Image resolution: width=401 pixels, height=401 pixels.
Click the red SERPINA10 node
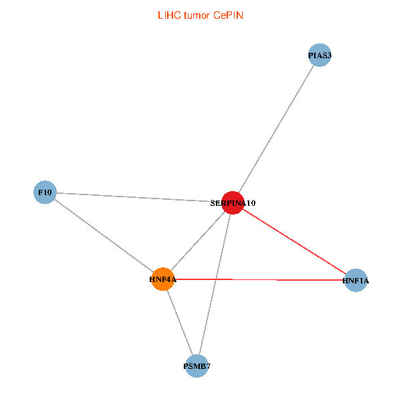(233, 203)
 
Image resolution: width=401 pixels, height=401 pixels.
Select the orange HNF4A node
(163, 279)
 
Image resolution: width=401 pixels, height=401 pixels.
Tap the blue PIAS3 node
(319, 55)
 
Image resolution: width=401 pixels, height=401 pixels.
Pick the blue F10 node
(45, 192)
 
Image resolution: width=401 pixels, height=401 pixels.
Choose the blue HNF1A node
(356, 280)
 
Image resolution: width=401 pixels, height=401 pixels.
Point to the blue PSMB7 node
(196, 366)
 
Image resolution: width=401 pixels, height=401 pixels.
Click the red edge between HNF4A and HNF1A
(259, 280)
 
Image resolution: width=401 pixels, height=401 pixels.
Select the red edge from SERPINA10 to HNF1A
(294, 241)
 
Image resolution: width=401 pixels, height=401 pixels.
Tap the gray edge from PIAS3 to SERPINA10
(276, 129)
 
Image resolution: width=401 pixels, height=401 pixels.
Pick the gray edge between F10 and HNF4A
(104, 236)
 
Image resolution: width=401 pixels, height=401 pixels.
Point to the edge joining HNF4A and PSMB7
(180, 323)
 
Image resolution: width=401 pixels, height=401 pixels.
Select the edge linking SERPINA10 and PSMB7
(215, 285)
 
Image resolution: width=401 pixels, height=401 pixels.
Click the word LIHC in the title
(169, 15)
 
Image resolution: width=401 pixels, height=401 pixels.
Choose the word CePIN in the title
(228, 15)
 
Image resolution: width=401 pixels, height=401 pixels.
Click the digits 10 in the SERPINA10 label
(251, 203)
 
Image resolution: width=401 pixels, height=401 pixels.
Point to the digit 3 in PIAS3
(329, 55)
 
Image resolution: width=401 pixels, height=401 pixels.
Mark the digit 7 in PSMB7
(208, 366)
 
